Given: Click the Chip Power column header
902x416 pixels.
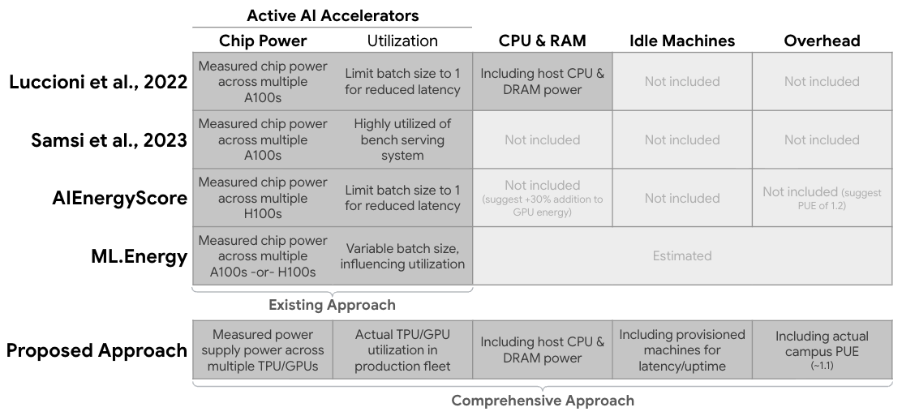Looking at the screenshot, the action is [x=263, y=41].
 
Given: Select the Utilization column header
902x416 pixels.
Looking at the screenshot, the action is [x=402, y=41].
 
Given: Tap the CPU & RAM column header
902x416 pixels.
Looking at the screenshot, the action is [x=543, y=41].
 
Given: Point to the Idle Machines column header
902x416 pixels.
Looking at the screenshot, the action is [x=682, y=41].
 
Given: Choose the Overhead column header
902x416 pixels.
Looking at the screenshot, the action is [x=822, y=41].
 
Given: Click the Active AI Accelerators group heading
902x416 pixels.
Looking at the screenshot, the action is [x=333, y=15].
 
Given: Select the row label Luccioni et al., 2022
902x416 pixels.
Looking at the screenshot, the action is [x=98, y=82].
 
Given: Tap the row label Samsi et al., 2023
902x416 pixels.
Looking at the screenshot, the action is [x=110, y=139].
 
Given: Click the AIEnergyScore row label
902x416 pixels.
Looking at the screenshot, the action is [x=120, y=198].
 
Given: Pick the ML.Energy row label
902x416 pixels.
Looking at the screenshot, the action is [x=140, y=256].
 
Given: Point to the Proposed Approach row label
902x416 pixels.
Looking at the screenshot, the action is [x=97, y=350].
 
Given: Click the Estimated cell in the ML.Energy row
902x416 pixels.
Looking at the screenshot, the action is [x=682, y=256].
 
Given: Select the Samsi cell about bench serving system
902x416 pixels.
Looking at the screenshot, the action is [x=402, y=139].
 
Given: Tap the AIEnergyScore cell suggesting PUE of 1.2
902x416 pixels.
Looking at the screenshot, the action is [x=822, y=198].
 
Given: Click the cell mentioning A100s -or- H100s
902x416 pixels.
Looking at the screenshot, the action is [x=263, y=256].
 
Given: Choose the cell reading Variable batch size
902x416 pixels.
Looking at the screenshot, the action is [x=402, y=256].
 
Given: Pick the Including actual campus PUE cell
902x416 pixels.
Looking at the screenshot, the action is [x=822, y=350].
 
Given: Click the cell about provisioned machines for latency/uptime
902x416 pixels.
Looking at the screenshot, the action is [x=682, y=350].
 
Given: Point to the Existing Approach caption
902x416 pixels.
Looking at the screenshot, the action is [x=332, y=305].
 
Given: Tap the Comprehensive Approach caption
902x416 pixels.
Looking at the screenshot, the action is [x=543, y=401].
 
